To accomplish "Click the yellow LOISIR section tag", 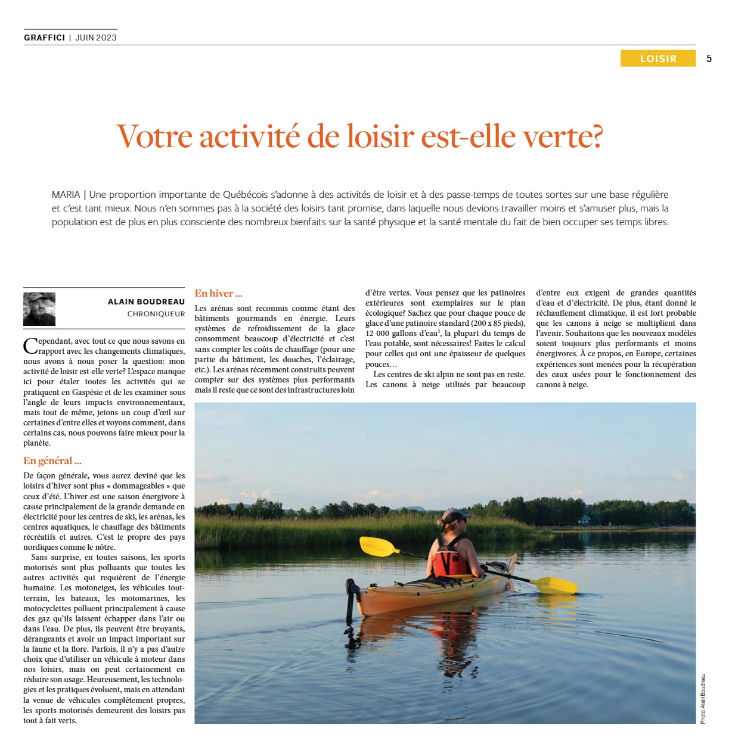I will pyautogui.click(x=657, y=58).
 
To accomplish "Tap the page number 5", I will pyautogui.click(x=709, y=58).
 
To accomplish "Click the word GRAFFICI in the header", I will pyautogui.click(x=44, y=38).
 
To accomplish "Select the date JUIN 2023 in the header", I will pyautogui.click(x=96, y=38).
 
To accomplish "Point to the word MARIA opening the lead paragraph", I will pyautogui.click(x=66, y=195).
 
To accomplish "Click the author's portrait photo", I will pyautogui.click(x=39, y=309).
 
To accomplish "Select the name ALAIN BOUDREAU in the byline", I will pyautogui.click(x=146, y=302).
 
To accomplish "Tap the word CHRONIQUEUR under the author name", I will pyautogui.click(x=156, y=314).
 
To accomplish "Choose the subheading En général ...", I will pyautogui.click(x=52, y=461).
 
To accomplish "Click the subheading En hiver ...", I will pyautogui.click(x=218, y=293).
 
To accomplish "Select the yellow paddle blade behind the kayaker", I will pyautogui.click(x=379, y=546).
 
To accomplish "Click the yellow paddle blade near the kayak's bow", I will pyautogui.click(x=556, y=585).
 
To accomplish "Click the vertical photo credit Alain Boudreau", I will pyautogui.click(x=703, y=698).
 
